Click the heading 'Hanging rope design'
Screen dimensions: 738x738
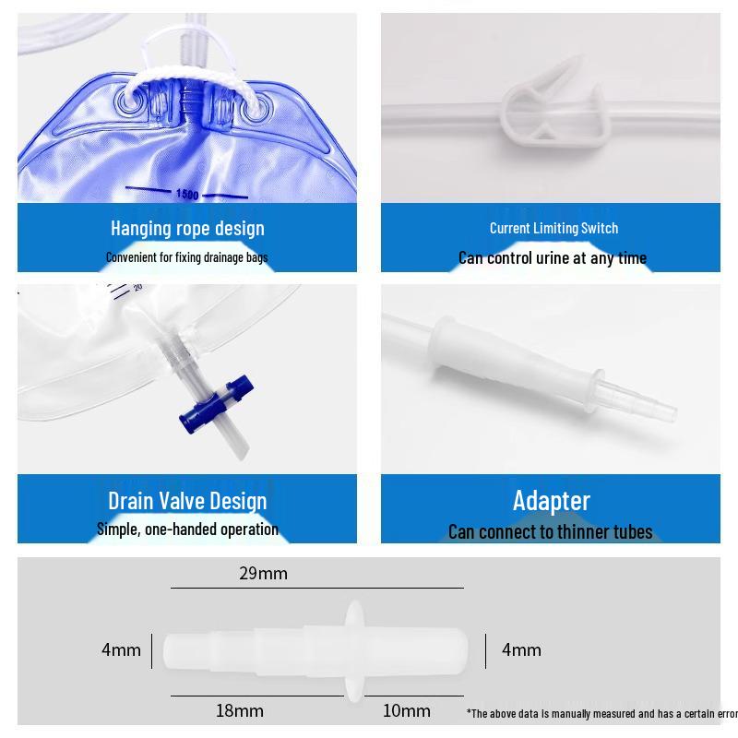pyautogui.click(x=187, y=228)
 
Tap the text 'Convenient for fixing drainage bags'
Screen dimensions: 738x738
pyautogui.click(x=186, y=257)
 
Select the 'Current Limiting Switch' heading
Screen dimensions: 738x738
pyautogui.click(x=553, y=228)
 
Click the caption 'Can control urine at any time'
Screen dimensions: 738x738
pyautogui.click(x=552, y=258)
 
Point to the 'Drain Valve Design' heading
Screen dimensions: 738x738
pyautogui.click(x=187, y=501)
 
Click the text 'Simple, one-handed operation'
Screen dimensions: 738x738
pyautogui.click(x=187, y=530)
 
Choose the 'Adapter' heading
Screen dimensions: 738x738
pyautogui.click(x=551, y=501)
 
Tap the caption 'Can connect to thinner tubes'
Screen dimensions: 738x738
pyautogui.click(x=550, y=532)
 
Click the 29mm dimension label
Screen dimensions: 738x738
pyautogui.click(x=263, y=574)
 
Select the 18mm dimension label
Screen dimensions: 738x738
pyautogui.click(x=240, y=710)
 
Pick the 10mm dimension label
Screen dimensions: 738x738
pyautogui.click(x=407, y=710)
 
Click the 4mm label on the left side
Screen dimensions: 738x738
pyautogui.click(x=121, y=650)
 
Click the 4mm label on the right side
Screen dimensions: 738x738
pyautogui.click(x=521, y=650)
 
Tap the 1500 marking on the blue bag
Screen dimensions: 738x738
pyautogui.click(x=187, y=194)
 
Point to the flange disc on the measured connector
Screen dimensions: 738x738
pyautogui.click(x=353, y=649)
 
